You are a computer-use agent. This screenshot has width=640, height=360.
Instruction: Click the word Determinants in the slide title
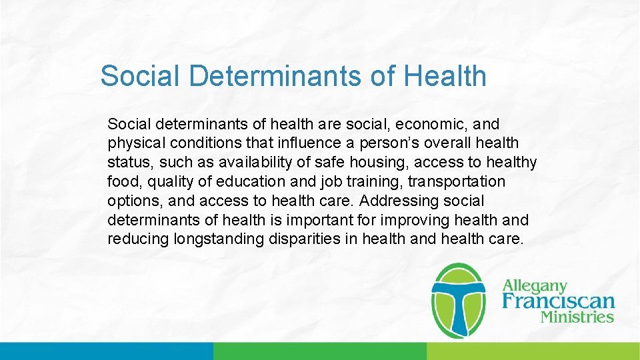coord(275,76)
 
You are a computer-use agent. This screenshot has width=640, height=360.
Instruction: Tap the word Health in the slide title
coord(445,76)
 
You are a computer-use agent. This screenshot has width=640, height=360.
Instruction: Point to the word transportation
coord(457,182)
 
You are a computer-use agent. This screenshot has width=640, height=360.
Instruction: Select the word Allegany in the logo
coord(535,287)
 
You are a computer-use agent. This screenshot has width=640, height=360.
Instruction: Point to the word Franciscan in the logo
coord(558,301)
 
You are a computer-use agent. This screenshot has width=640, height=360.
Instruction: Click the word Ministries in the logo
coord(577,317)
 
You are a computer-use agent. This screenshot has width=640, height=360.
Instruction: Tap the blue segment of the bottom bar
coord(107,351)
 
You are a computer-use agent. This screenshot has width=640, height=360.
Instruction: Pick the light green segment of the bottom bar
coord(533,351)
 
